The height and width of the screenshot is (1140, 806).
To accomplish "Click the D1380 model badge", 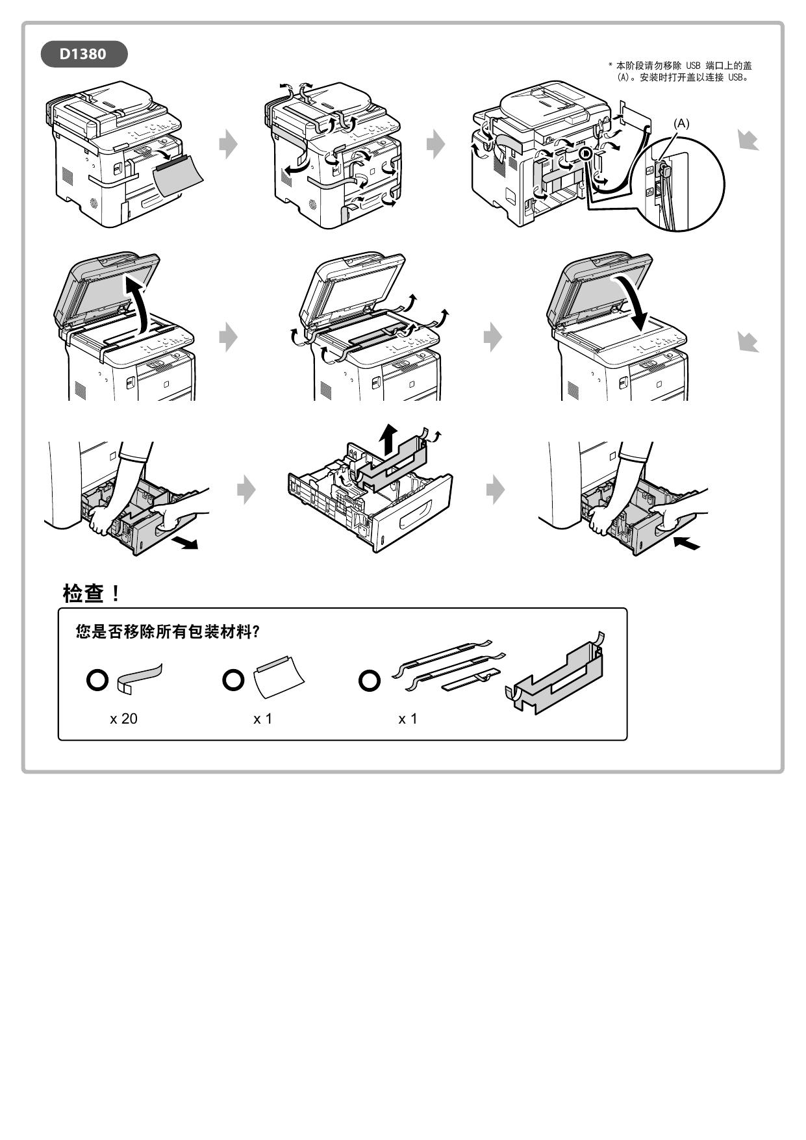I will [x=83, y=54].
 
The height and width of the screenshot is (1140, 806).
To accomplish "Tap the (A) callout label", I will [x=681, y=123].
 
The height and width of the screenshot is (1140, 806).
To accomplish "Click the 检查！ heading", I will [x=92, y=593].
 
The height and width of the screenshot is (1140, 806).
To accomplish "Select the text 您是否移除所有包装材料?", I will [x=168, y=632].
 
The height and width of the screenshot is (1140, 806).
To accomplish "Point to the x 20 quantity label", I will [x=123, y=719].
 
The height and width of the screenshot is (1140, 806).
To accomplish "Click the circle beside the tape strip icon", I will [x=97, y=680].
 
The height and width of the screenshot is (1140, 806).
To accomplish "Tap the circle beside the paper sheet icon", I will [x=233, y=680].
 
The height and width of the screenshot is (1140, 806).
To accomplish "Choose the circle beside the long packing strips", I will [x=370, y=681].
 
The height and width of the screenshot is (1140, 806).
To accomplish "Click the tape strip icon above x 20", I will [x=139, y=678].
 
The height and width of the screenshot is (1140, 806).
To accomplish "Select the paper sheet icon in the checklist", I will [x=278, y=678].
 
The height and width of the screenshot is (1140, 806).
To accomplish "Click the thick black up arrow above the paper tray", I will [x=388, y=440].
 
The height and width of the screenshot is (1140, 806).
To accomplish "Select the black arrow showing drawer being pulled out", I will [x=186, y=543].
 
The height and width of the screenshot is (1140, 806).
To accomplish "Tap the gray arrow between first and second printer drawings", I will [x=228, y=144].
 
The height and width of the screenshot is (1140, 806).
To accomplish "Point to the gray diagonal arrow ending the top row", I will [x=748, y=140].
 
